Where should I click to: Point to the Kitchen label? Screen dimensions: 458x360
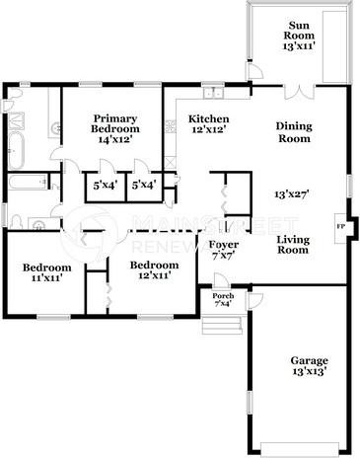coord(208,123)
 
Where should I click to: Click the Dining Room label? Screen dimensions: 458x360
coord(293,132)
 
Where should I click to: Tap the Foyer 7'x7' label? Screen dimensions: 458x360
coord(223,250)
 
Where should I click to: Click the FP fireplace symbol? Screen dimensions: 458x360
coord(342,227)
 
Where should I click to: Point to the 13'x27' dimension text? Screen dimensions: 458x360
coord(293,195)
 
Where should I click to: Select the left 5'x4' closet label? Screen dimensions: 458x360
coord(104,185)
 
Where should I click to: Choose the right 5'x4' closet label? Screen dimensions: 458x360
coord(142,185)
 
